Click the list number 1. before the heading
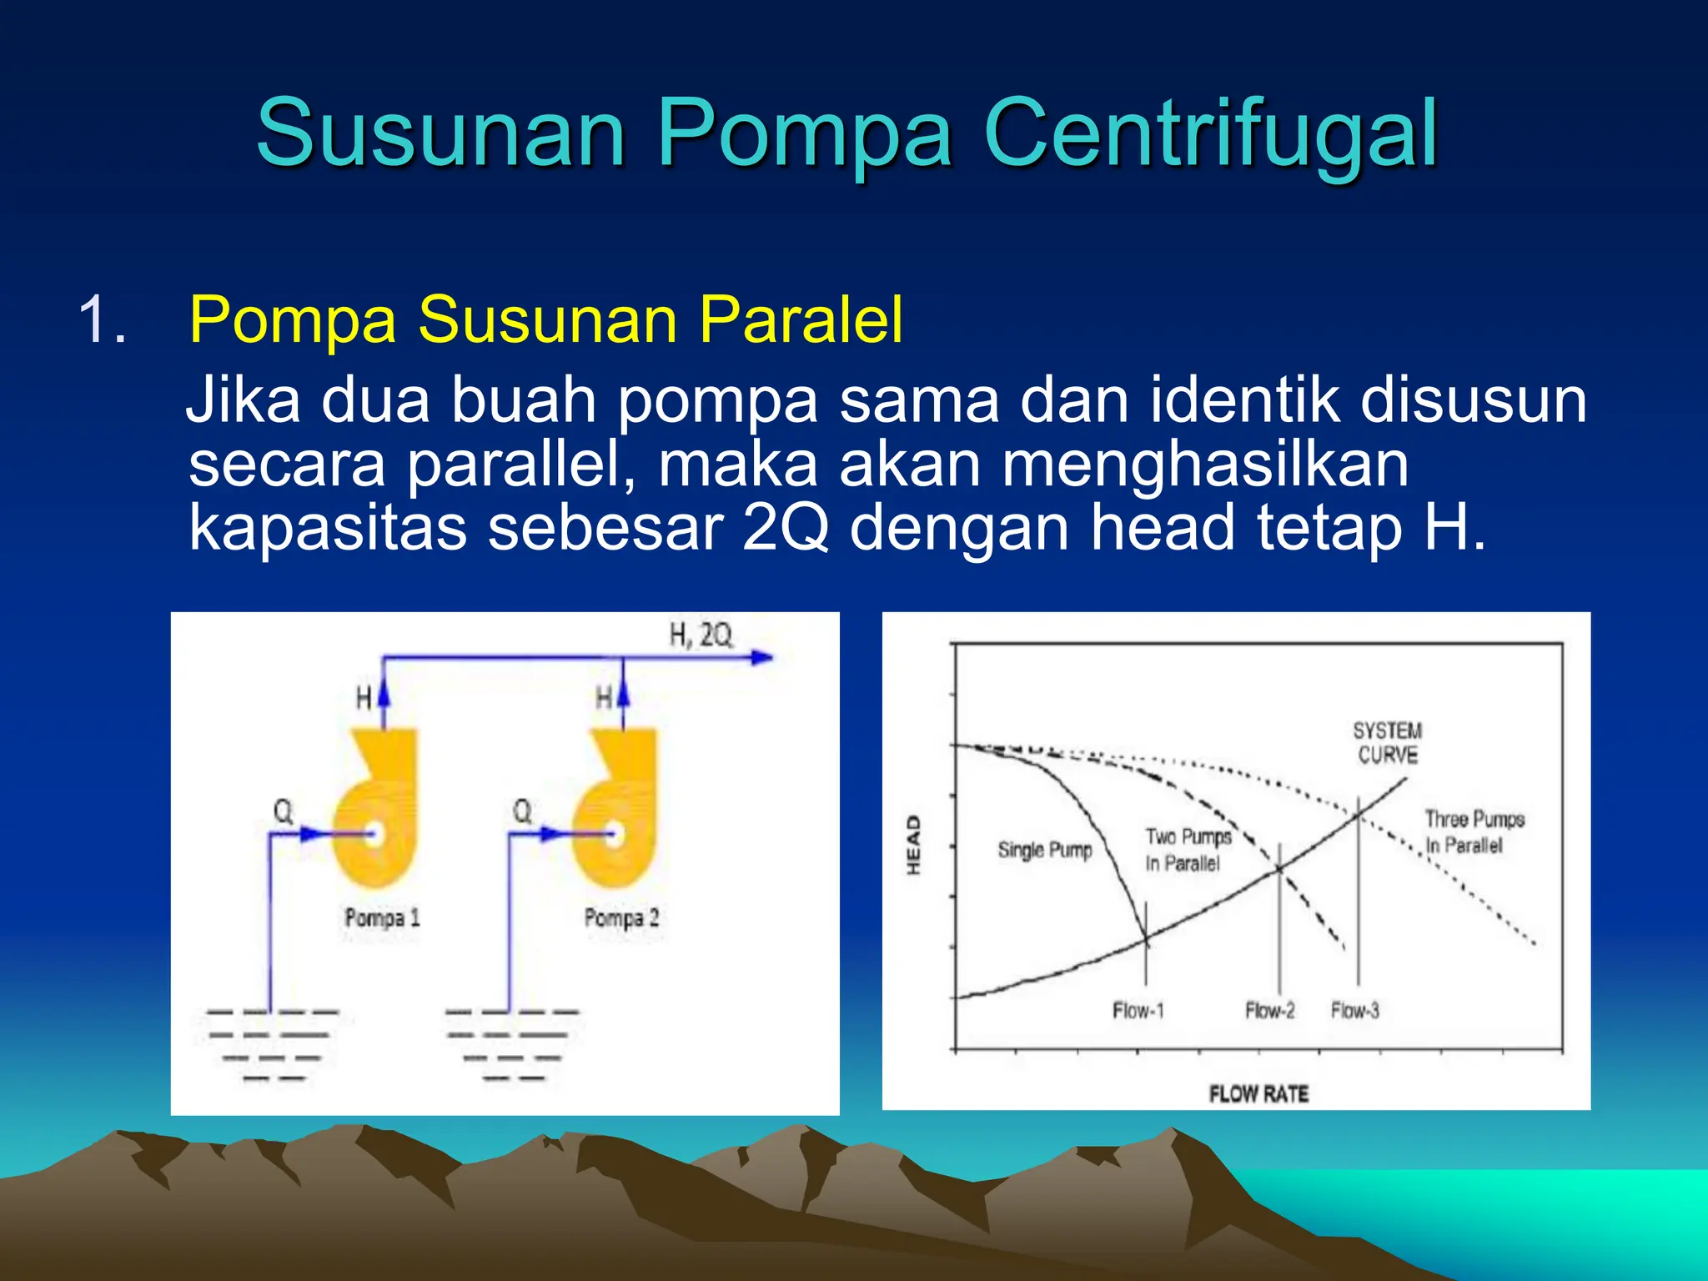pyautogui.click(x=103, y=319)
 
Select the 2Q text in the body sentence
pyautogui.click(x=785, y=528)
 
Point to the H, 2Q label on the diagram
pyautogui.click(x=701, y=635)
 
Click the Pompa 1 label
pyautogui.click(x=382, y=918)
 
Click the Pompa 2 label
pyautogui.click(x=621, y=918)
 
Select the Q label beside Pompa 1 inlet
pyautogui.click(x=284, y=810)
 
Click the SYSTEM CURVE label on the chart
pyautogui.click(x=1387, y=743)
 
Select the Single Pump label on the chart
pyautogui.click(x=1044, y=850)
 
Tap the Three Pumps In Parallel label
pyautogui.click(x=1473, y=832)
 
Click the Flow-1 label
pyautogui.click(x=1138, y=1011)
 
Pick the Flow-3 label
pyautogui.click(x=1354, y=1011)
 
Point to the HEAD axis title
pyautogui.click(x=914, y=845)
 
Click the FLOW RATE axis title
pyautogui.click(x=1258, y=1093)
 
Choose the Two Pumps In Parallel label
pyautogui.click(x=1187, y=850)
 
